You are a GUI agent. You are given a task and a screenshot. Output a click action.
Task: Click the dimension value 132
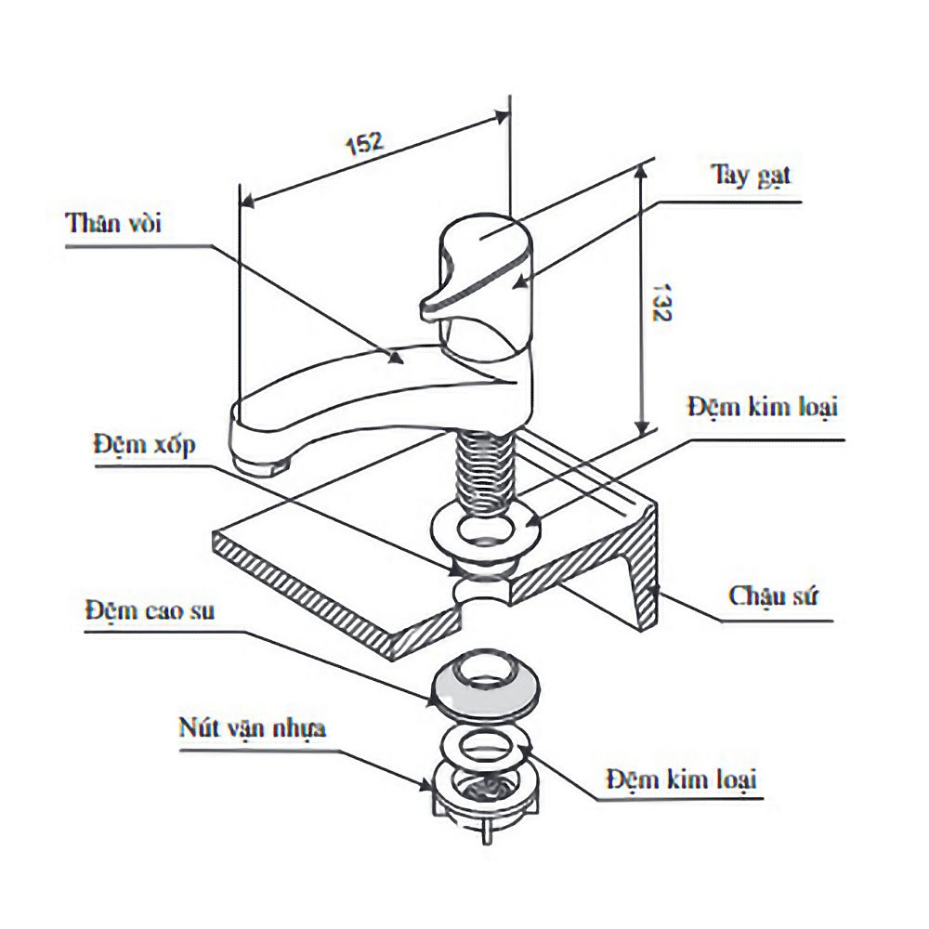662,301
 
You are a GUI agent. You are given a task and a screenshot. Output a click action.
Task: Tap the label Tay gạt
752,176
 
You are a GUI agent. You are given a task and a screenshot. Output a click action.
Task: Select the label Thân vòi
113,224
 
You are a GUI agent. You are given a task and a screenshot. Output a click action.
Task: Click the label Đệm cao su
149,610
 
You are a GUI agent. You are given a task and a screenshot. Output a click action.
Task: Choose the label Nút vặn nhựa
252,727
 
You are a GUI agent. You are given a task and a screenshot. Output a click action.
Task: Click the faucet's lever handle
474,265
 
